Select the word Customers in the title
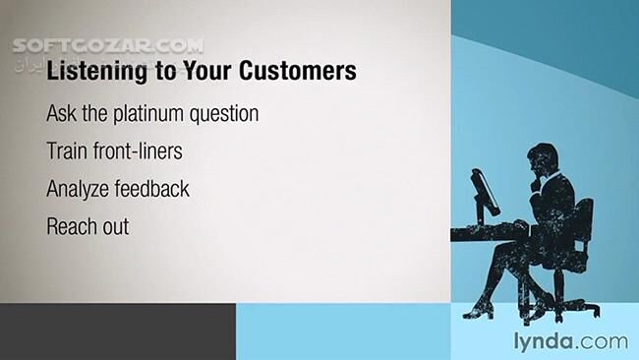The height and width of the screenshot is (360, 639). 296,72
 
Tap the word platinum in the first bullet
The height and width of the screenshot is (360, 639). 157,114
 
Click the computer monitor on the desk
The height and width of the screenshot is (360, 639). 485,192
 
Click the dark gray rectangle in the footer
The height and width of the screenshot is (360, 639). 118,331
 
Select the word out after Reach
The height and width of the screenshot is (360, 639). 116,225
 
